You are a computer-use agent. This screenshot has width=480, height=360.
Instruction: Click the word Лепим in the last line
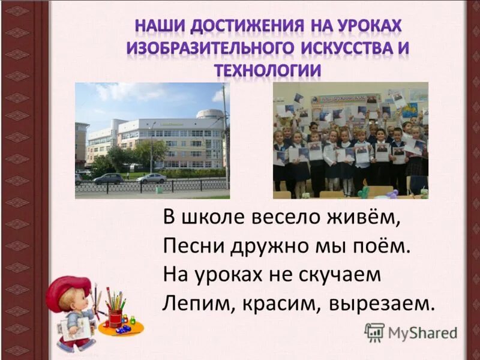pos(193,302)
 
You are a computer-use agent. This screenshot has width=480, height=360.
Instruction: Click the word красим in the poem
pos(279,302)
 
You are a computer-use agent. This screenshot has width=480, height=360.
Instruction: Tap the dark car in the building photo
pos(108,178)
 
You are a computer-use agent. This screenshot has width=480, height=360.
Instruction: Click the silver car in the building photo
pos(151,178)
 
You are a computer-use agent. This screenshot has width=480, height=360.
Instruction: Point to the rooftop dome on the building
pos(209,113)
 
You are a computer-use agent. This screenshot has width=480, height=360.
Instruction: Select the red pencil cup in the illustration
pos(115,317)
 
